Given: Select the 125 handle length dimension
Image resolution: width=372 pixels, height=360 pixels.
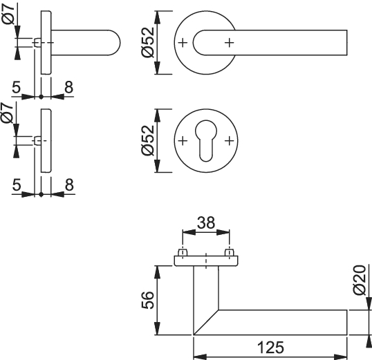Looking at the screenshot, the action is click(x=270, y=348).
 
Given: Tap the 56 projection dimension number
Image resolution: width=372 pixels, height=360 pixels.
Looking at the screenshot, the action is click(x=148, y=300).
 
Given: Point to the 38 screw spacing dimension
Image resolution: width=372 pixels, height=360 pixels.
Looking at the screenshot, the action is click(x=206, y=222).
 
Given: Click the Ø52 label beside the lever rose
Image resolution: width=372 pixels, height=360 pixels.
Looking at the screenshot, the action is click(x=148, y=42).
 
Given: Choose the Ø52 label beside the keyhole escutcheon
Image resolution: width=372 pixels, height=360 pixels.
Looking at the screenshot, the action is click(x=148, y=140).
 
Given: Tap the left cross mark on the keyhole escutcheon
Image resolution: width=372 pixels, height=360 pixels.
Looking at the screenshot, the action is click(x=183, y=141).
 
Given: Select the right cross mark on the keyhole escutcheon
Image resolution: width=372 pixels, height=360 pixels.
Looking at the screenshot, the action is click(x=229, y=141).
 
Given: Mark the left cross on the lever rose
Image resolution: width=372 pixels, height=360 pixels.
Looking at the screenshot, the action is click(x=183, y=43).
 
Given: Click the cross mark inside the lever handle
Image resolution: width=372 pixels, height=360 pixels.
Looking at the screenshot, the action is click(x=229, y=43).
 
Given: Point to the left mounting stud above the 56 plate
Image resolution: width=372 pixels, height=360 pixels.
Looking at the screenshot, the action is click(x=183, y=252).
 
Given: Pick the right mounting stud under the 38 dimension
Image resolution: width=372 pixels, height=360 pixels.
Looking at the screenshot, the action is click(x=229, y=252).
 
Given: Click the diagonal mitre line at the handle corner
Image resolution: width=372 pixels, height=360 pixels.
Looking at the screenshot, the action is click(x=206, y=322).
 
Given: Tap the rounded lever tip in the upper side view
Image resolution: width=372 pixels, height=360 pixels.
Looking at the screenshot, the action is click(x=115, y=43).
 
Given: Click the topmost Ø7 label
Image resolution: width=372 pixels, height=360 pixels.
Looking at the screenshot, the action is click(x=9, y=15).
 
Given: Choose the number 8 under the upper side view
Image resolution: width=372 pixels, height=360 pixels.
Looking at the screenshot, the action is click(x=69, y=87).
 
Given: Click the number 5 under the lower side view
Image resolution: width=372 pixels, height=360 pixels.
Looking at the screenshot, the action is click(x=17, y=185).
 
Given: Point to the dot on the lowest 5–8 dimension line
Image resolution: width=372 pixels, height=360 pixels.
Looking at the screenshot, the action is click(x=41, y=194).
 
